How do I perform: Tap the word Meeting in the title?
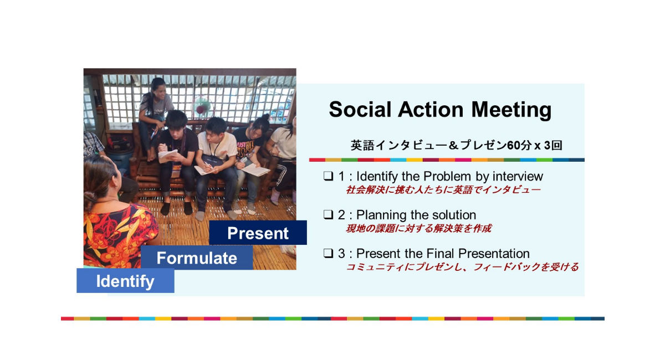pos(511,110)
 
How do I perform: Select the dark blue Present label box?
pos(258,233)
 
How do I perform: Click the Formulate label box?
pos(197,258)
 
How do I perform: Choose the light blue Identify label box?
pos(125,281)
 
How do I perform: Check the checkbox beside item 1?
pos(328,176)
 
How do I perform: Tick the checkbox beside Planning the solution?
pos(328,214)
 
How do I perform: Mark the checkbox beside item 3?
pos(328,253)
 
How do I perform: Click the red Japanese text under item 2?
pos(418,228)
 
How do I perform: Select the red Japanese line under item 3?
pos(462,267)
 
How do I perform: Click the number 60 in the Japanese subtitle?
pos(514,146)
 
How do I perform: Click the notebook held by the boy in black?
pos(168,156)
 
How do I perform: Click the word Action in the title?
pos(431,109)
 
